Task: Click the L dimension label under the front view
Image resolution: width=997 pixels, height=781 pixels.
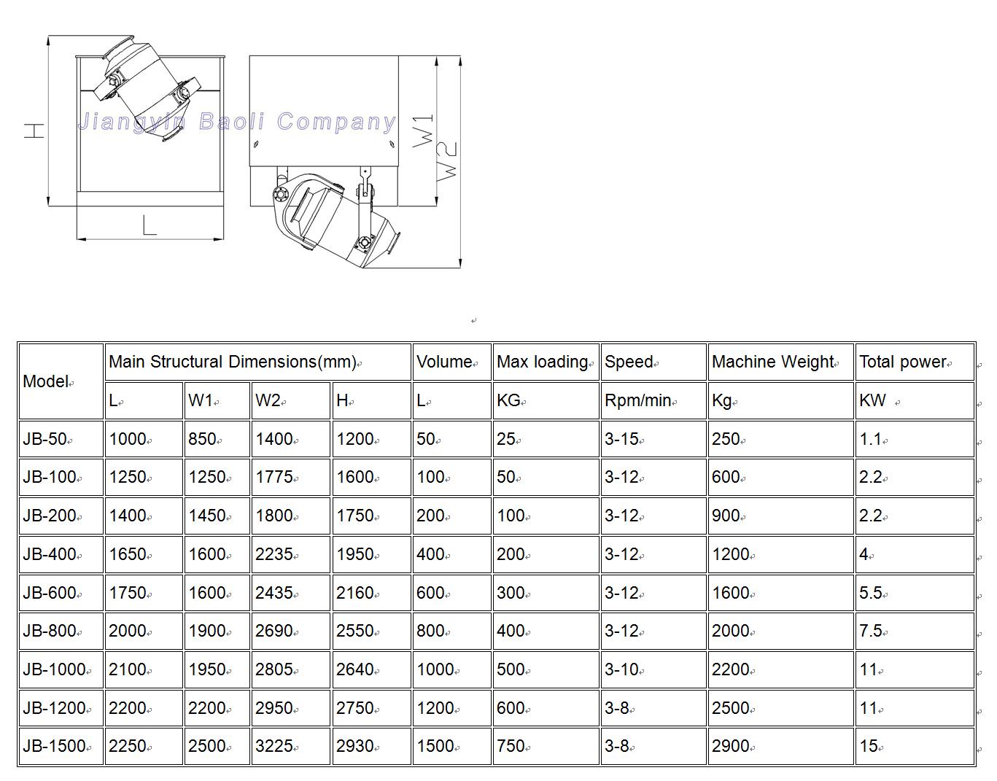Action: click(150, 225)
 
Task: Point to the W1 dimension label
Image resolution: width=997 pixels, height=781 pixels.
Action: click(424, 131)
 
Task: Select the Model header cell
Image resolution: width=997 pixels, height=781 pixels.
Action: click(47, 381)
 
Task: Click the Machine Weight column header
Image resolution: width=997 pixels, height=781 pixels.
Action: click(773, 362)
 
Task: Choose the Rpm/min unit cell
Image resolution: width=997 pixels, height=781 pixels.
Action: click(638, 400)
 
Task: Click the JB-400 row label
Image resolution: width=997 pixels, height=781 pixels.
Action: click(50, 554)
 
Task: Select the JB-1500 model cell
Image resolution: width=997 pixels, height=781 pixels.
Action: click(55, 746)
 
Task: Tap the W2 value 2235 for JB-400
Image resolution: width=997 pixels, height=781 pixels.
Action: click(274, 554)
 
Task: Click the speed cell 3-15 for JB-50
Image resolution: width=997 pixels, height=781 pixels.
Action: click(621, 439)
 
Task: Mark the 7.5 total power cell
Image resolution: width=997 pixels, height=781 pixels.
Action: click(871, 631)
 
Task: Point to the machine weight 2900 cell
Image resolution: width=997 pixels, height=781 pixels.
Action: click(731, 746)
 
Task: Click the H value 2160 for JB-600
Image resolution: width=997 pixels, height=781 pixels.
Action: click(355, 593)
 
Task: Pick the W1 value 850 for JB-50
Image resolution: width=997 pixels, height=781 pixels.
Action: click(203, 439)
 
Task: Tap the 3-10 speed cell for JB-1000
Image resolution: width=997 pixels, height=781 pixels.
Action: click(621, 669)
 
